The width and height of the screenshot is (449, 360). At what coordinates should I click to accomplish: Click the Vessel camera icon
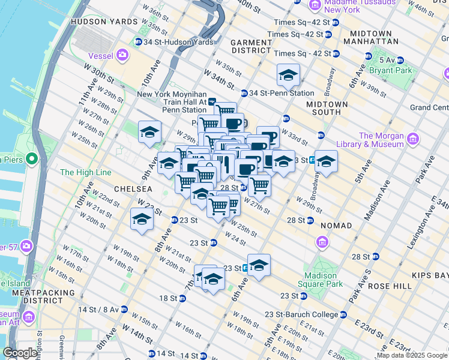[123, 56]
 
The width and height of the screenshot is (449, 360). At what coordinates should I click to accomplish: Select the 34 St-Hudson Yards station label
[173, 42]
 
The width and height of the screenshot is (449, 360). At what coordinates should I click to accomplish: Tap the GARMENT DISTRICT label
[251, 46]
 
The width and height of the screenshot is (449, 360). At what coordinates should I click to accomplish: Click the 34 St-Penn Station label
[282, 93]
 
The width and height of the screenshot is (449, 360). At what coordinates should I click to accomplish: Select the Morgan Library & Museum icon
[412, 140]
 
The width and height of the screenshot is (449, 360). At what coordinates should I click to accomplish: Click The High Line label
[86, 172]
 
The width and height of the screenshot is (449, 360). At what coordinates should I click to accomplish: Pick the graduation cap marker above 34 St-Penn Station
[288, 75]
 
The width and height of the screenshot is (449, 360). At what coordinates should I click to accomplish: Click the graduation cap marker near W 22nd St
[142, 219]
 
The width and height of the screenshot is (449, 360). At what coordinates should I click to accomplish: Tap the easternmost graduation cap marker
[326, 161]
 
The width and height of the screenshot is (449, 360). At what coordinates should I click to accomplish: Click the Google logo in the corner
[20, 353]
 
